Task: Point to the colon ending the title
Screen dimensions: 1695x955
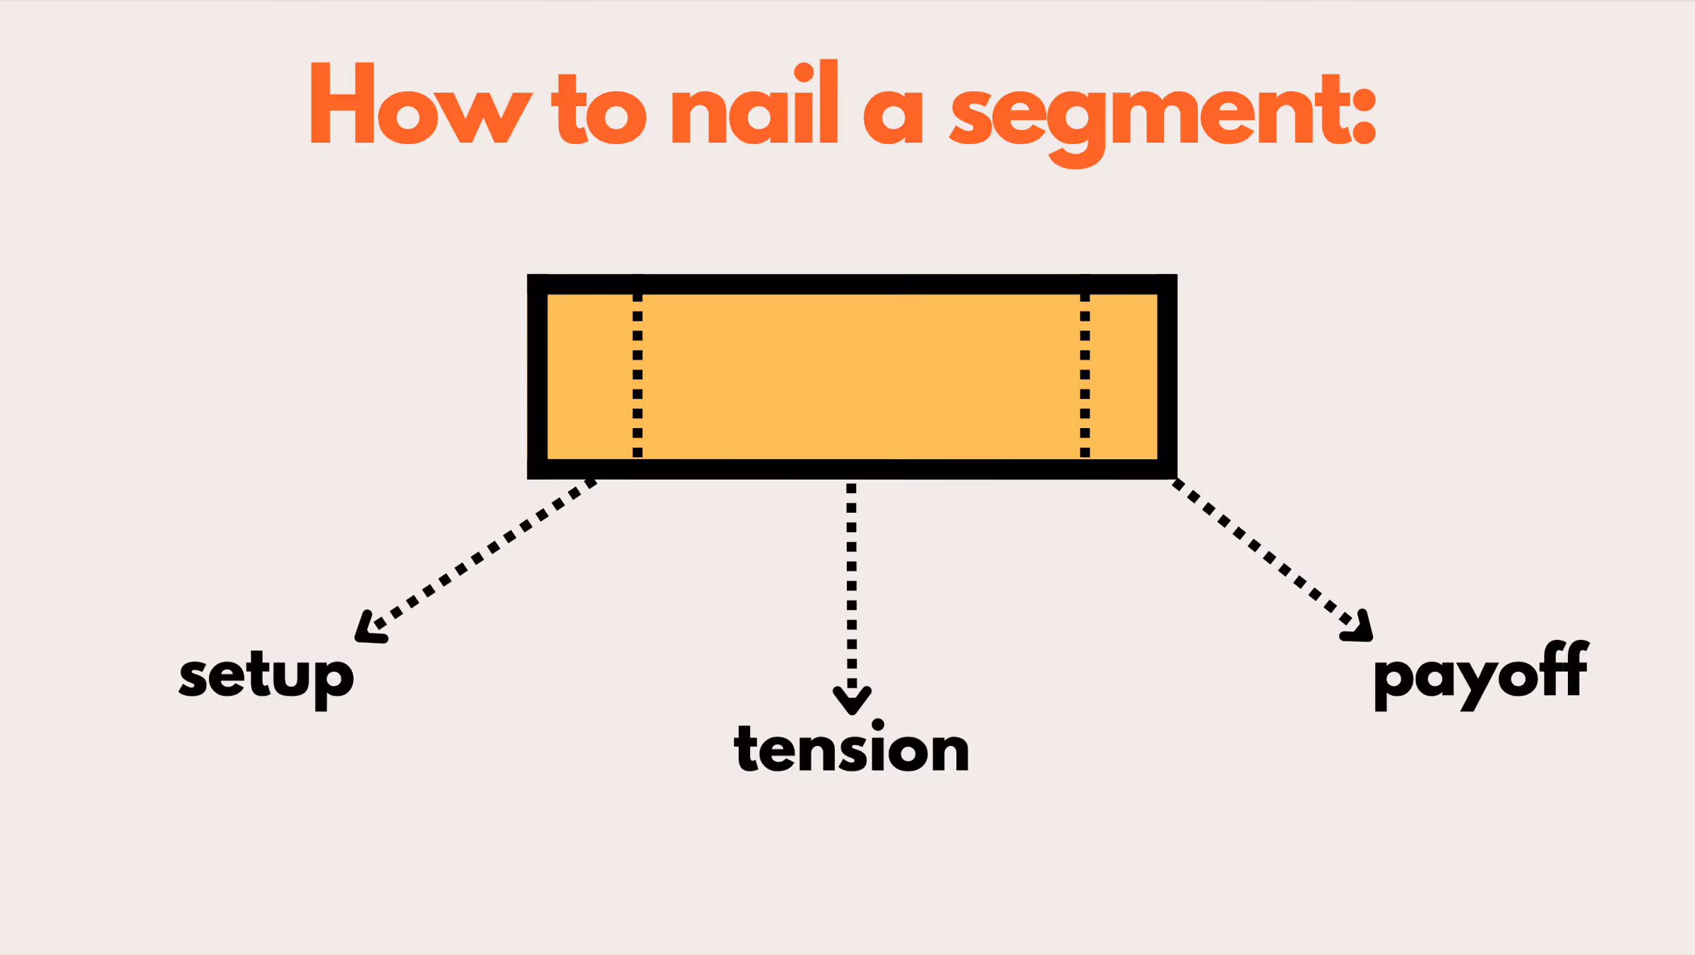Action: pyautogui.click(x=1364, y=117)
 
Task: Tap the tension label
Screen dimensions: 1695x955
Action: pyautogui.click(x=852, y=749)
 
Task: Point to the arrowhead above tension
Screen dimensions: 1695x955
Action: pyautogui.click(x=852, y=701)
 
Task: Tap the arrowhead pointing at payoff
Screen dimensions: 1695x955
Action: pyautogui.click(x=1360, y=629)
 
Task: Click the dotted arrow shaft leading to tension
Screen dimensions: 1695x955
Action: pyautogui.click(x=852, y=586)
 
